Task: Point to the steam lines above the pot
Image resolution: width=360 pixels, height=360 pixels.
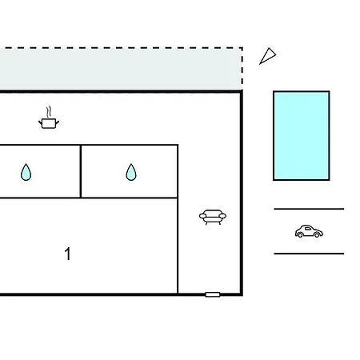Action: coord(49,112)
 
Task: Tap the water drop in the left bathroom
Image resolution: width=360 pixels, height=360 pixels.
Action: coord(26,172)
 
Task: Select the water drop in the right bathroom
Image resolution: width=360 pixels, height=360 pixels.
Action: coord(131,172)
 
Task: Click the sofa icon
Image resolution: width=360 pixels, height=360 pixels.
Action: coord(213,217)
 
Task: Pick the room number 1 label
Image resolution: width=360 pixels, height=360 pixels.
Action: coord(68,254)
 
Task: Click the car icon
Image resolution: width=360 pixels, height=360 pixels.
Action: coord(309,231)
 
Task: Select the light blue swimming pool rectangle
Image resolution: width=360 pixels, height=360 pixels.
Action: coord(302,136)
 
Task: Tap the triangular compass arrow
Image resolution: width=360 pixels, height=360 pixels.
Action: coord(268,56)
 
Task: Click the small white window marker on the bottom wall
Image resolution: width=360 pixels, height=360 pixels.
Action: coord(213,294)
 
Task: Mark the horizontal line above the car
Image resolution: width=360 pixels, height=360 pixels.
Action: coord(309,209)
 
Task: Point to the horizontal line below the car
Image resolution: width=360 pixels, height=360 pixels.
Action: coord(309,254)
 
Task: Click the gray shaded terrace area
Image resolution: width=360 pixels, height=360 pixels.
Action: coord(120,70)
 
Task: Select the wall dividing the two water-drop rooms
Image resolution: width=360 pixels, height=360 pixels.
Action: coord(81,171)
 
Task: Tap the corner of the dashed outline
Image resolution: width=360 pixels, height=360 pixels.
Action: coord(242,48)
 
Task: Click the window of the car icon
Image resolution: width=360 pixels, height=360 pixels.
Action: coord(308,229)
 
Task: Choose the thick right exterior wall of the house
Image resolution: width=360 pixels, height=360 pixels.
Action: coord(242,193)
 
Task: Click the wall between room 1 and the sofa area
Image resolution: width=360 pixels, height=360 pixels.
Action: coord(178,246)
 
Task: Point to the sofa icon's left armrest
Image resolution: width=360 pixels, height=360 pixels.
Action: coord(202,216)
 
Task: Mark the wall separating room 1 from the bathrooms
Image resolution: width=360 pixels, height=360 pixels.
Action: coord(89,198)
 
